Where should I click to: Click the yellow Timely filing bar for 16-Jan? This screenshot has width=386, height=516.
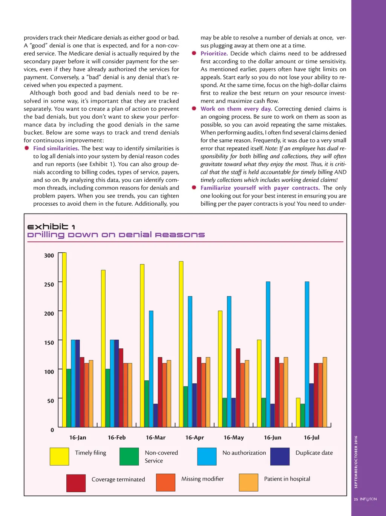click(64, 339)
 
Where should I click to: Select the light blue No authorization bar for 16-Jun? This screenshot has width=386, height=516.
click(268, 354)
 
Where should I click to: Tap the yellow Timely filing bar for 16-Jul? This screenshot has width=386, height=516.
click(298, 412)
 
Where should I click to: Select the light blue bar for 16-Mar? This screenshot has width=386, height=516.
click(151, 369)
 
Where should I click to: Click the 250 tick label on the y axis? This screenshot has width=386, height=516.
click(49, 284)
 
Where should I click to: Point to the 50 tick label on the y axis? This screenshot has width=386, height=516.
click(51, 401)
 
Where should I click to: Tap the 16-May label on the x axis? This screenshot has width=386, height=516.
click(234, 438)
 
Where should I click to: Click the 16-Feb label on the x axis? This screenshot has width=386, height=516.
click(117, 438)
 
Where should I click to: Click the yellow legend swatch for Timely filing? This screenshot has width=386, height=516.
click(59, 456)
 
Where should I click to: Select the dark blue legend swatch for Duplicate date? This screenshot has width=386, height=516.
click(280, 456)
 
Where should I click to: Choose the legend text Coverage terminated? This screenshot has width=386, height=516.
click(118, 479)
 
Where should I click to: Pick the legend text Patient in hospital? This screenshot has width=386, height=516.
click(287, 479)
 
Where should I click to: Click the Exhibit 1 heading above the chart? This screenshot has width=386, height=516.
click(51, 227)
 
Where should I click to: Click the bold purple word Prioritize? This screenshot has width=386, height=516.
click(214, 53)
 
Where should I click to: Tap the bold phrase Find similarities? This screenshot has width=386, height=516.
click(56, 148)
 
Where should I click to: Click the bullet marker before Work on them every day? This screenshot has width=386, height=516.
click(194, 108)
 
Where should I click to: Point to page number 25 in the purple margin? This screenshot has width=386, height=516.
click(356, 499)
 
